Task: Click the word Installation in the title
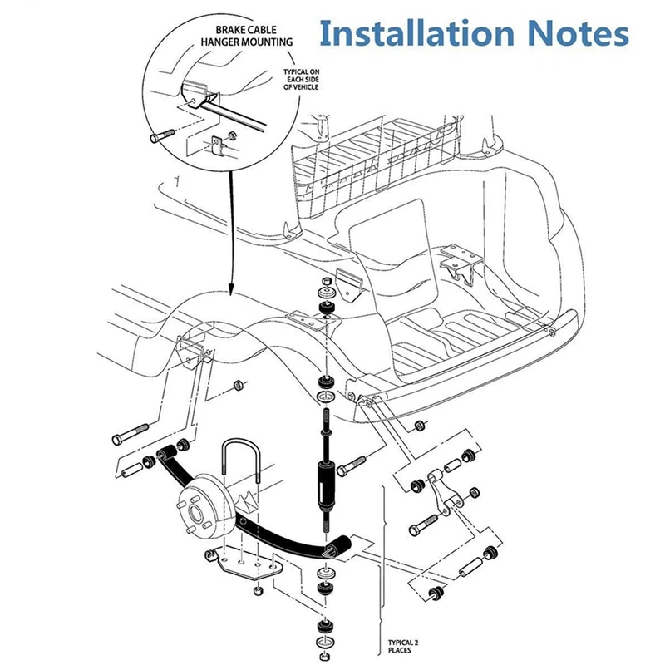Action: [x=416, y=34]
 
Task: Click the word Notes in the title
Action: [x=579, y=34]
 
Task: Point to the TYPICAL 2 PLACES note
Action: [x=404, y=647]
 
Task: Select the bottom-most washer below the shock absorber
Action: [x=323, y=646]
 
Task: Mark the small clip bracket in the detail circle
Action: [x=219, y=147]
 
